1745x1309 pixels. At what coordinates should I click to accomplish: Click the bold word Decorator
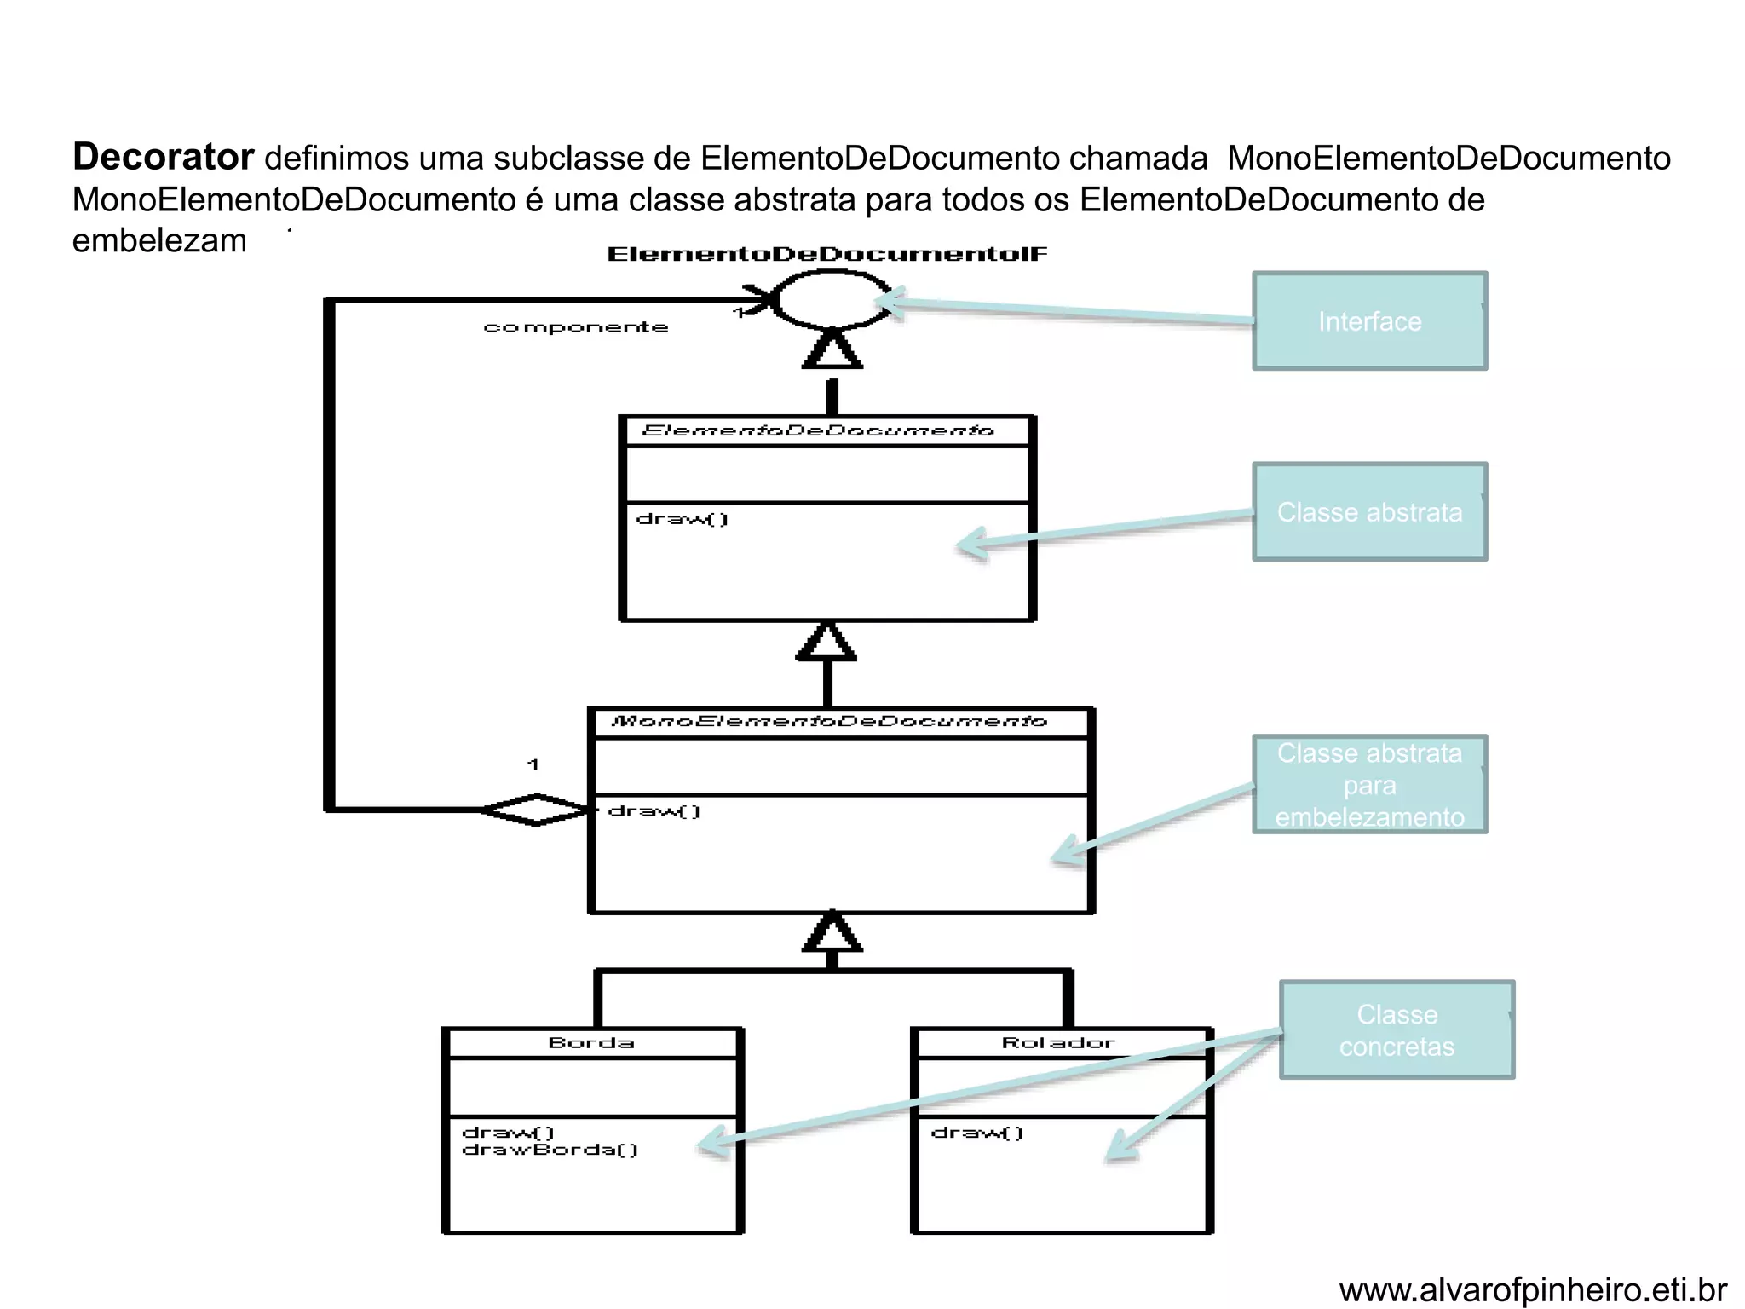tap(163, 157)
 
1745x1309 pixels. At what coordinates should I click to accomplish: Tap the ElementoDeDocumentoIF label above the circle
tap(826, 254)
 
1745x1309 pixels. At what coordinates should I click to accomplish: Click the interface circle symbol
tap(831, 300)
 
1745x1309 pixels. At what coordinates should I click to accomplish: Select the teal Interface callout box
tap(1369, 321)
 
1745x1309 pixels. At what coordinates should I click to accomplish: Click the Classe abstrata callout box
tap(1369, 512)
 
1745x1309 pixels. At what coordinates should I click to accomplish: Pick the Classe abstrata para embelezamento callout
tap(1369, 785)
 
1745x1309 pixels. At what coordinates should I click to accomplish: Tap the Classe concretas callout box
tap(1397, 1030)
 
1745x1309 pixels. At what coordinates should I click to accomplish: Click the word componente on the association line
tap(575, 327)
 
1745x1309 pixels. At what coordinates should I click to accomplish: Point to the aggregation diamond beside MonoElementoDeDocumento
tap(535, 810)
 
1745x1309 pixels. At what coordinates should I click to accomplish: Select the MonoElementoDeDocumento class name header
tap(829, 722)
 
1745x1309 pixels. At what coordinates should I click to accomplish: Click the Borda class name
tap(591, 1043)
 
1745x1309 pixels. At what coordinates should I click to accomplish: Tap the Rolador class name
tap(1058, 1043)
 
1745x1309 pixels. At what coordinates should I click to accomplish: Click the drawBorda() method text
tap(550, 1150)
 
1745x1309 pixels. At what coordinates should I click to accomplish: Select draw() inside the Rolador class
tap(977, 1133)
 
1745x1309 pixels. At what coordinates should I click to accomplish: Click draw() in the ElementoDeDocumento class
tap(682, 519)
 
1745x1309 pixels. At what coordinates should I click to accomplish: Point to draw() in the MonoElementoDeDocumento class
tap(654, 811)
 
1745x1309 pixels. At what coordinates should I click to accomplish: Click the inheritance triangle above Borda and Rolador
tap(832, 932)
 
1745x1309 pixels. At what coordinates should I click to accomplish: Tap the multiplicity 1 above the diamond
tap(533, 764)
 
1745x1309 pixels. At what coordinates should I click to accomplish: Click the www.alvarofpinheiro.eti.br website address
tap(1532, 1290)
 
